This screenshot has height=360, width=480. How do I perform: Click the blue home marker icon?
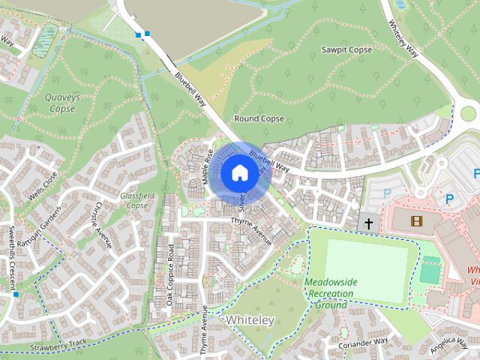tap(238, 172)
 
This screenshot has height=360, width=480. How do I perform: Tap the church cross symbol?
tap(368, 223)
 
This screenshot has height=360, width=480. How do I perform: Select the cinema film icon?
tap(416, 220)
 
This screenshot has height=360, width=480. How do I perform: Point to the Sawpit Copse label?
tap(346, 49)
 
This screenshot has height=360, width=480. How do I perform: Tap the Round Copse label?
tap(259, 118)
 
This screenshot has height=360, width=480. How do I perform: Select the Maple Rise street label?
tap(207, 169)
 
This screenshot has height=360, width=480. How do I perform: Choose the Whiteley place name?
tap(250, 320)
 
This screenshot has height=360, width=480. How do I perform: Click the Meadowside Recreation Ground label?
tap(331, 293)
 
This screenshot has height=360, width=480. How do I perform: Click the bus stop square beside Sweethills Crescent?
tap(15, 295)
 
